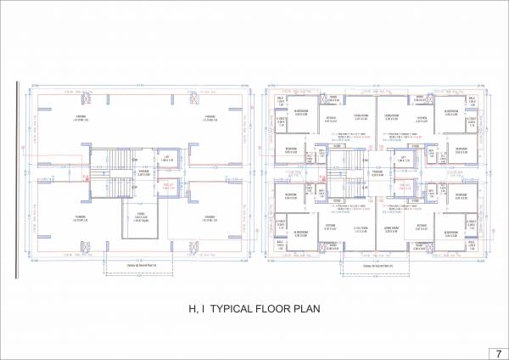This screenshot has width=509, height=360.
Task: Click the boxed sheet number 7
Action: pos(497,351)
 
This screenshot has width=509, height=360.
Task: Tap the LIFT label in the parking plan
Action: pos(167,158)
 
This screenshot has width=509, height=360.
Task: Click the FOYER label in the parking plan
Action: pos(143,213)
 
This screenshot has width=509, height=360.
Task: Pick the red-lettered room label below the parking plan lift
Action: pos(167,184)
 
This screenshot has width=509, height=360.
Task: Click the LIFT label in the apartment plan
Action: pos(403,158)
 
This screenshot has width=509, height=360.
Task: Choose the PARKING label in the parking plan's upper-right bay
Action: pos(210,117)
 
